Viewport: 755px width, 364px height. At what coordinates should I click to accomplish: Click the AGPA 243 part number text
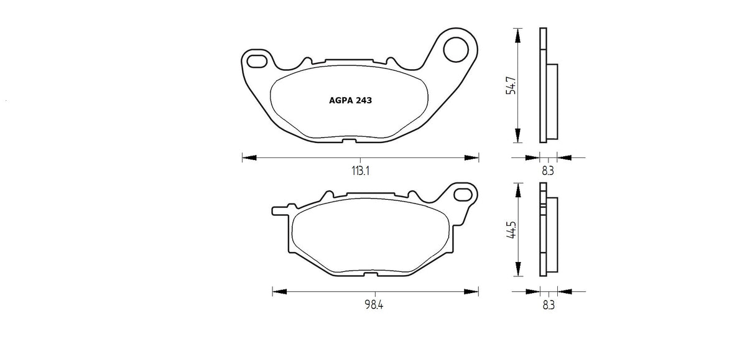coord(350,100)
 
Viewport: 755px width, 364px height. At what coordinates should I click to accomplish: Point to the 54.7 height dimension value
coord(511,85)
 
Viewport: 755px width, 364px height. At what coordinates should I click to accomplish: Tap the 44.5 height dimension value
coord(511,231)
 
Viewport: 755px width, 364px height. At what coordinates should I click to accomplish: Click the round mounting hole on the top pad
coord(458,48)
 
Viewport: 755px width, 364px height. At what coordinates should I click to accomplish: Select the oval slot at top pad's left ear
coord(256,60)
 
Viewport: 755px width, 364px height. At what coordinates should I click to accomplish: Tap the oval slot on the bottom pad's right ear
coord(463,195)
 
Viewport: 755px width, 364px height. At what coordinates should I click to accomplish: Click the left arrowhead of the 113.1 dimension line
coord(247,157)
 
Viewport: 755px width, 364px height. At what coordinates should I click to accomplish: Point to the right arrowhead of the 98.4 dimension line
coord(474,291)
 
